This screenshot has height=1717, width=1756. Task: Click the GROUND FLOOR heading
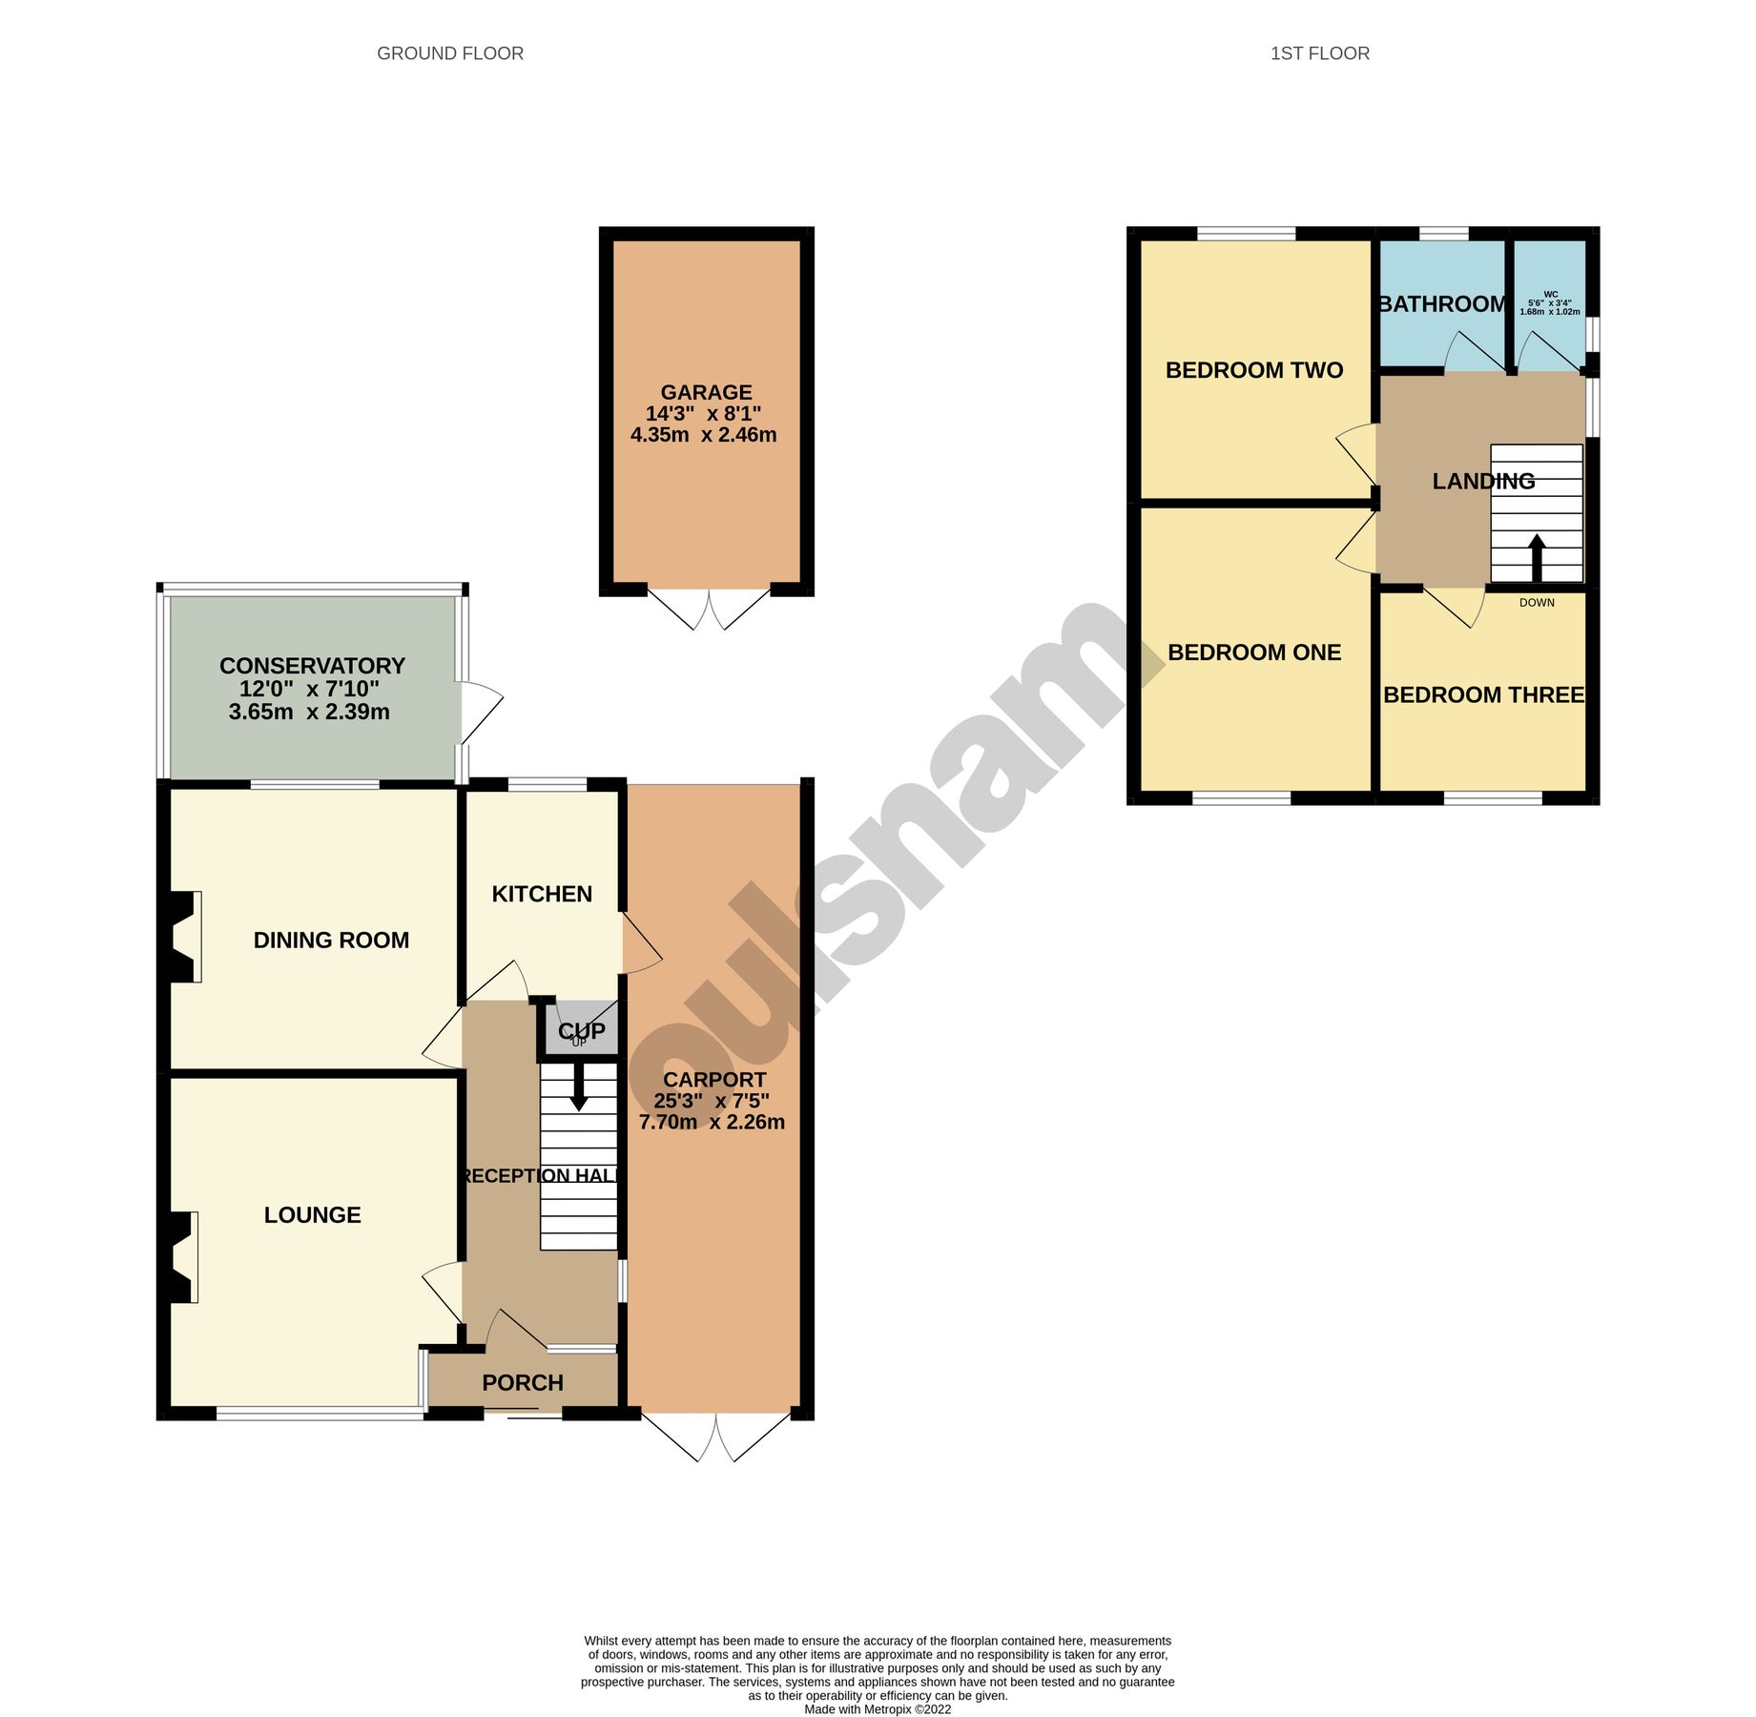(450, 53)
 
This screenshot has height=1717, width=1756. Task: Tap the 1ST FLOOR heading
(1319, 53)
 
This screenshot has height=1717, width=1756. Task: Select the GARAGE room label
(706, 392)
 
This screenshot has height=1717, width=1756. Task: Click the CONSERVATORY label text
(312, 666)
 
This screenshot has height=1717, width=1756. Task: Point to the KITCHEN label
(542, 894)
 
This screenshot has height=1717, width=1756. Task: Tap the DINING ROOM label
(331, 941)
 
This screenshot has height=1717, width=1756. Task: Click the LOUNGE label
(312, 1215)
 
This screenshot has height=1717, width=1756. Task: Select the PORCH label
(523, 1382)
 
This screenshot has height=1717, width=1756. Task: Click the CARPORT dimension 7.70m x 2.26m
(712, 1123)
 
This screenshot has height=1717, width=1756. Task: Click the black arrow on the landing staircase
(1536, 557)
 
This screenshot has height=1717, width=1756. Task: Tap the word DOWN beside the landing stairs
(1537, 603)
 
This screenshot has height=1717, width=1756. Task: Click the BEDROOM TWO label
(1253, 370)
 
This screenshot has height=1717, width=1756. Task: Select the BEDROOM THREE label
(1483, 695)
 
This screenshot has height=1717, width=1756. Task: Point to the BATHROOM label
(1441, 304)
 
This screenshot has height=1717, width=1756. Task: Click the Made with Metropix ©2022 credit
(878, 1709)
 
